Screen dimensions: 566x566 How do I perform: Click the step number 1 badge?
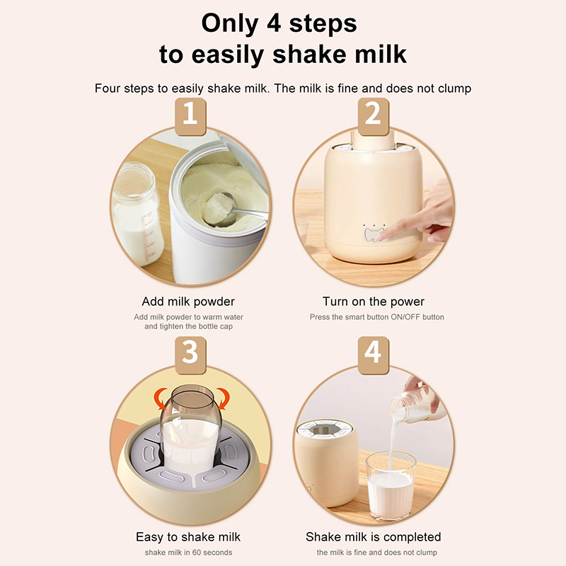pyautogui.click(x=190, y=117)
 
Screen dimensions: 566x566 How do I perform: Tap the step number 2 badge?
pyautogui.click(x=374, y=117)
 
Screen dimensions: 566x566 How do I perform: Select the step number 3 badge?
pyautogui.click(x=190, y=355)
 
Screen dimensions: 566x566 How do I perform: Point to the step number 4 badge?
pyautogui.click(x=374, y=355)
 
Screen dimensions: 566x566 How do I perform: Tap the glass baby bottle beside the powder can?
pyautogui.click(x=137, y=213)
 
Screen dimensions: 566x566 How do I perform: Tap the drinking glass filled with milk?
pyautogui.click(x=391, y=485)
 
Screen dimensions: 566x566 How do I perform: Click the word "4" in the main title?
pyautogui.click(x=274, y=23)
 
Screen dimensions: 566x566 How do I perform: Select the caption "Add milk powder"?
pyautogui.click(x=188, y=301)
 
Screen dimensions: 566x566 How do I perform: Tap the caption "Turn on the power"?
pyautogui.click(x=374, y=301)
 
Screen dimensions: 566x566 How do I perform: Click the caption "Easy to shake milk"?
pyautogui.click(x=188, y=537)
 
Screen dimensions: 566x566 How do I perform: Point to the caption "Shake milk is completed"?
pyautogui.click(x=374, y=537)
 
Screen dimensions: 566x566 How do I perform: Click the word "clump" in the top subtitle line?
pyautogui.click(x=454, y=89)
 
